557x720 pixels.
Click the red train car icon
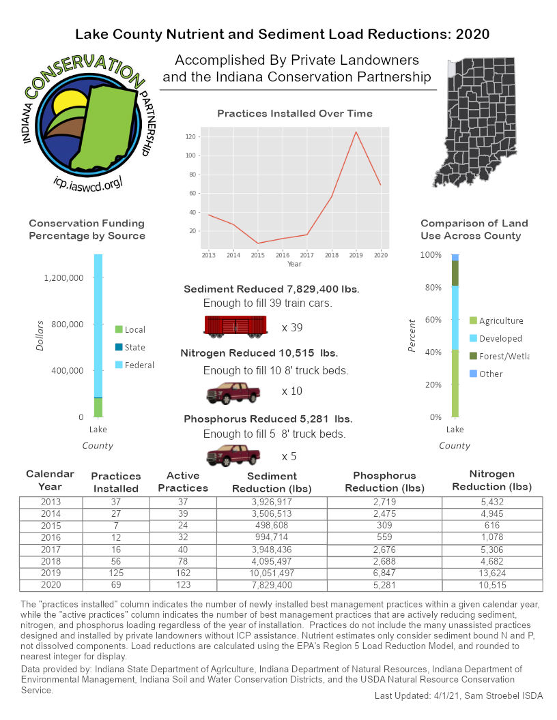click(235, 326)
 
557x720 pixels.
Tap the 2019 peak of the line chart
click(356, 132)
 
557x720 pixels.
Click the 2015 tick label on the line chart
click(258, 254)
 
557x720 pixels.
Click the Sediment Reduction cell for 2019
click(272, 574)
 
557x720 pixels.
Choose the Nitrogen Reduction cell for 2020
click(492, 585)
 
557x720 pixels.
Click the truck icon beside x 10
click(233, 393)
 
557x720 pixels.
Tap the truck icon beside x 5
click(233, 455)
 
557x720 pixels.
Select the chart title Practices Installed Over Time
click(295, 113)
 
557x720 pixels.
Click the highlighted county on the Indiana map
click(451, 68)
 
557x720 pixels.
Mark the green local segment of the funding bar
click(98, 407)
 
